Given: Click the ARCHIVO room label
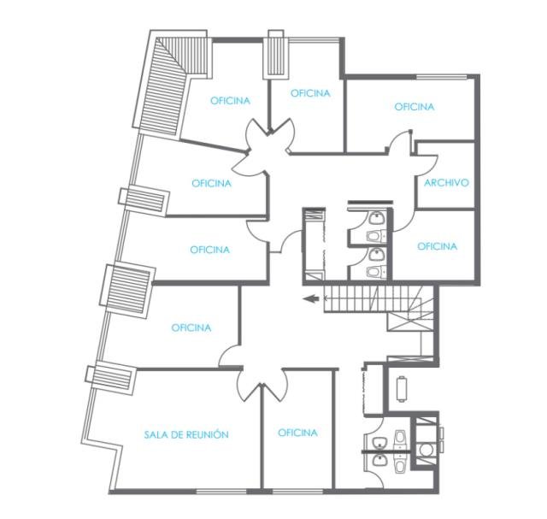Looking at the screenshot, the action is (446, 182).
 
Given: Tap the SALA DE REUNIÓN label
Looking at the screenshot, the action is (186, 434).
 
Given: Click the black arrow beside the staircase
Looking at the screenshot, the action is (311, 298).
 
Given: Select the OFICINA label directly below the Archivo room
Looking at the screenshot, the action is (437, 246).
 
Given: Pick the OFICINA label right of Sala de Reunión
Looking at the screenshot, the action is (297, 433).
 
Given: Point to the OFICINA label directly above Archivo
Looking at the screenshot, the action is (414, 107).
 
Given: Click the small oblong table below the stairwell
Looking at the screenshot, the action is (402, 389).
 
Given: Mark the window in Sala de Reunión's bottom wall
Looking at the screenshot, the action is (221, 492).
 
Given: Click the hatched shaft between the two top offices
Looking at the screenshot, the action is (275, 55).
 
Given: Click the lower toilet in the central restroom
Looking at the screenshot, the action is (375, 271).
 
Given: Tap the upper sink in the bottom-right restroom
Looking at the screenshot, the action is (379, 444).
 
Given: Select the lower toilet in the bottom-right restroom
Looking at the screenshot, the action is (400, 466).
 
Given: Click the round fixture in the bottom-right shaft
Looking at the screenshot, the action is (426, 450).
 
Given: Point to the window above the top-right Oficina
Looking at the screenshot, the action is (442, 77).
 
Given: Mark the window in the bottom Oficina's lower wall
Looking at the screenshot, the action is (297, 492).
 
